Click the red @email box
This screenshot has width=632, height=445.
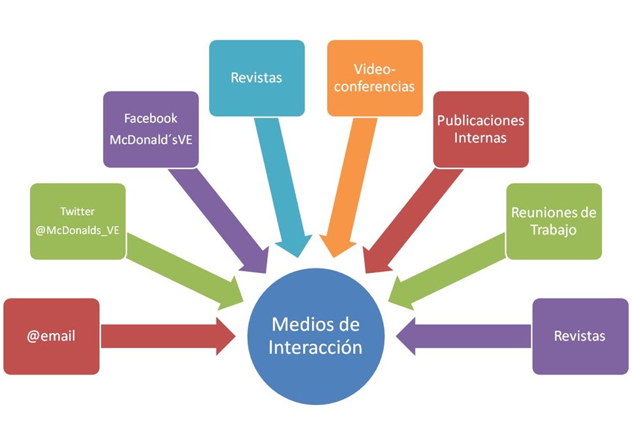[52, 337]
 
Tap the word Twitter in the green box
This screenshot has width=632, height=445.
[77, 212]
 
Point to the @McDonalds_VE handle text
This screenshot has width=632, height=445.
[78, 230]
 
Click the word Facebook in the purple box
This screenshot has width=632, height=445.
[151, 119]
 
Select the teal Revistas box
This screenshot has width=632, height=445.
[257, 78]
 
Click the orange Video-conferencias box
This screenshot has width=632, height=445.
[375, 78]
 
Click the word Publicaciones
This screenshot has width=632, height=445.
[481, 121]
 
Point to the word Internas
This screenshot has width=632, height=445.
[481, 138]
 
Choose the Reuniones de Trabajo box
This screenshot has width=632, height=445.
[554, 221]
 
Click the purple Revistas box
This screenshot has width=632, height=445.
[580, 337]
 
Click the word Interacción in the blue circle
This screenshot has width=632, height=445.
[315, 347]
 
